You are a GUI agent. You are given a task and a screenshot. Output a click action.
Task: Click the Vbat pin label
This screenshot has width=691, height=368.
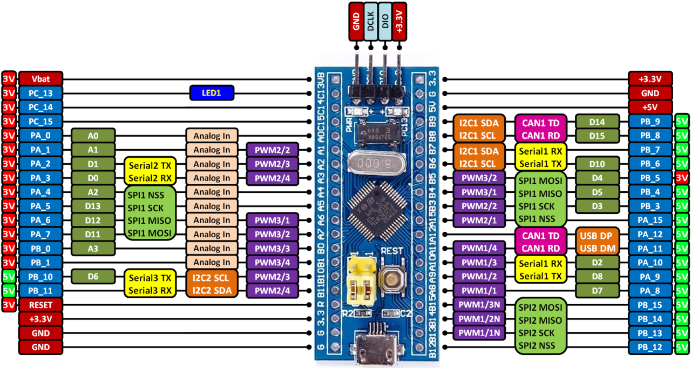(41, 79)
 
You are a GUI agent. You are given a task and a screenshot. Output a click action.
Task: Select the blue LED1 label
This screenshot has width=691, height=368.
(212, 93)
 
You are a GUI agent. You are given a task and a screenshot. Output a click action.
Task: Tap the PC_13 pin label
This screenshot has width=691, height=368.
(41, 93)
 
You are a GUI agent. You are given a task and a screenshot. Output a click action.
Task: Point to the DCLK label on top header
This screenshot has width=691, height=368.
(370, 21)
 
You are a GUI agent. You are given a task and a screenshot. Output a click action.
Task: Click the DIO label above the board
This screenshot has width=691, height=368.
(384, 21)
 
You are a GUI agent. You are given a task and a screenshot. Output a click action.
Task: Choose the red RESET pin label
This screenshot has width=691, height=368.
(41, 304)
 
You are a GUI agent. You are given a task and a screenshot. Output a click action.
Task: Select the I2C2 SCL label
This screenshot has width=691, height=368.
(211, 277)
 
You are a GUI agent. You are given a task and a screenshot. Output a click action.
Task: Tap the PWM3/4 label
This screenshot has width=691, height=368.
(272, 263)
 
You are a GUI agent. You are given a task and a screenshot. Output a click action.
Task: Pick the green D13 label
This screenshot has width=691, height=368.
(93, 206)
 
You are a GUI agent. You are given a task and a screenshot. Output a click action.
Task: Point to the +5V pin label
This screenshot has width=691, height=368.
(650, 107)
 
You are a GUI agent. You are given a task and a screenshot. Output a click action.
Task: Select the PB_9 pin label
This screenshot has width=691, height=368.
(650, 122)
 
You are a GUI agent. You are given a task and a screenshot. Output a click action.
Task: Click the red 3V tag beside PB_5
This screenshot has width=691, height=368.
(682, 178)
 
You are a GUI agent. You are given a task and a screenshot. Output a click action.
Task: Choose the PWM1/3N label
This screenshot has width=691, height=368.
(479, 304)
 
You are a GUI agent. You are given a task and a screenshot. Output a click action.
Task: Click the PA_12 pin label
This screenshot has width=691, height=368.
(650, 235)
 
